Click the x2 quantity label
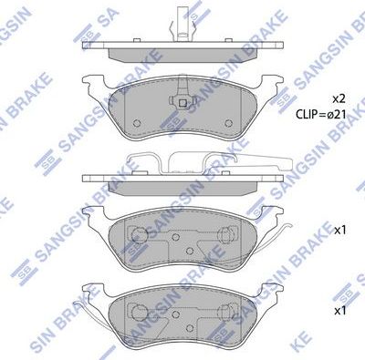(x=339, y=97)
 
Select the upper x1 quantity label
(x=339, y=231)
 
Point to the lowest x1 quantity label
(x=339, y=311)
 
